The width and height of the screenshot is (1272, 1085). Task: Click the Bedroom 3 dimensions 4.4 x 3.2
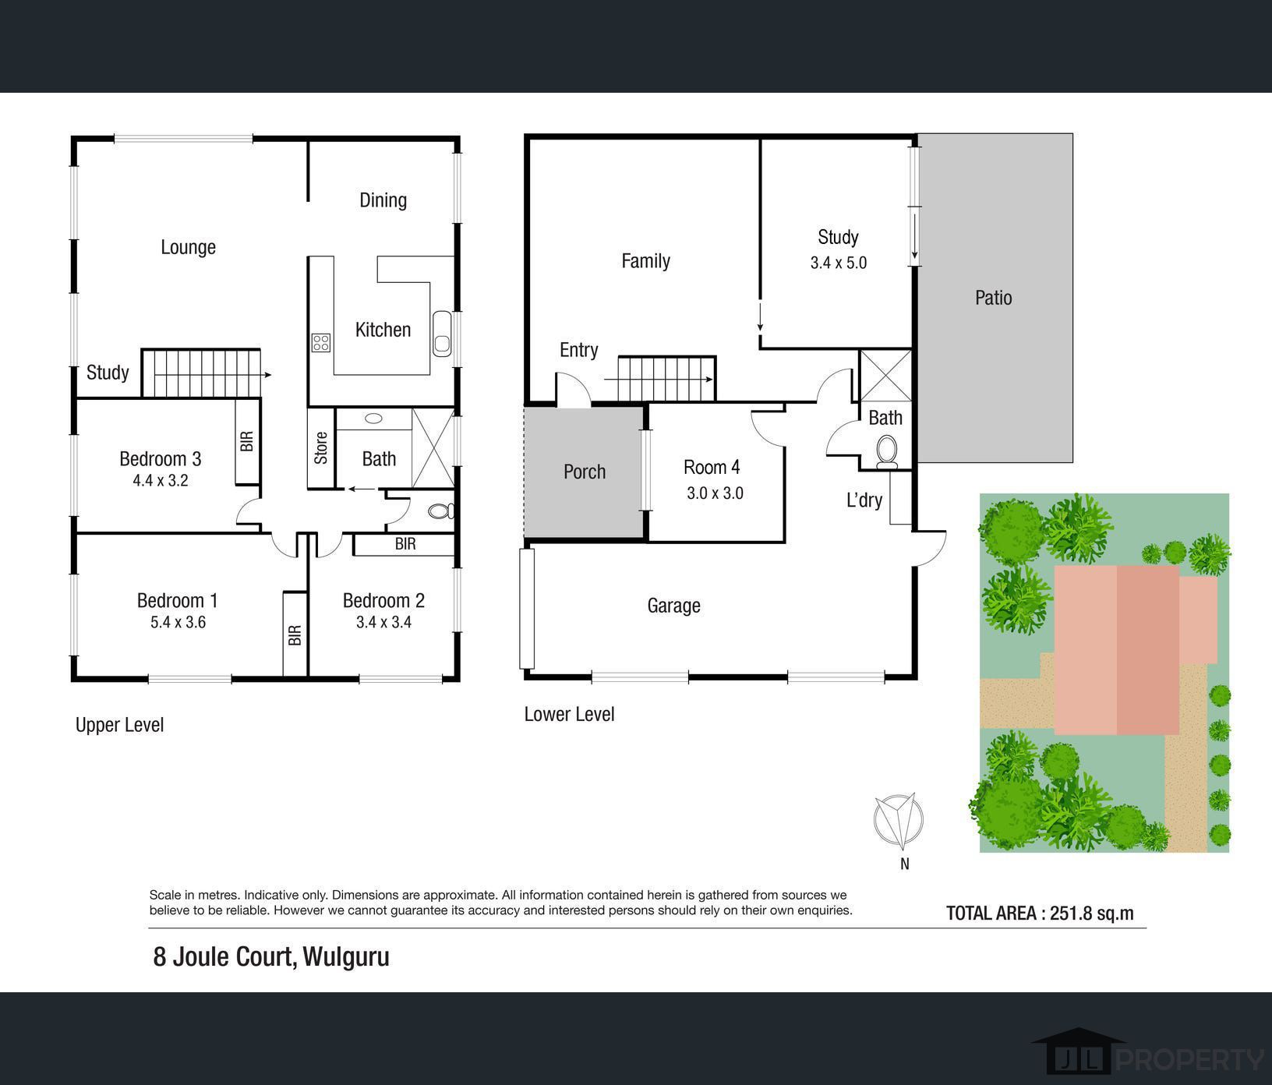tap(161, 481)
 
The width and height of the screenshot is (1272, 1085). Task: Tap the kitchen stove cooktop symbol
tap(321, 342)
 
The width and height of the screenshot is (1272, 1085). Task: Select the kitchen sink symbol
tap(442, 334)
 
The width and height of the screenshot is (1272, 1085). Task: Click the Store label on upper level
tap(321, 448)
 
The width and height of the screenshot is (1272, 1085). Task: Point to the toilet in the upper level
tap(441, 511)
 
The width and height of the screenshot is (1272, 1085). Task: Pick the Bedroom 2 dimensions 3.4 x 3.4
tap(383, 622)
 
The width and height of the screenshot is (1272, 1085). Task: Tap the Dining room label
tap(383, 200)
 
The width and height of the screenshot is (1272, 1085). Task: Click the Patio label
tap(993, 298)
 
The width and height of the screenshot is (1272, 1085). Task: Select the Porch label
tap(585, 472)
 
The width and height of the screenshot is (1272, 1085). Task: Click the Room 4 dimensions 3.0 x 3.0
tap(715, 493)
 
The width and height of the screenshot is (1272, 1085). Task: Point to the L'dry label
tap(864, 500)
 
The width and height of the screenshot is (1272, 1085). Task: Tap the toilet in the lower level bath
tap(887, 452)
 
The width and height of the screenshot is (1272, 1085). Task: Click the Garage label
tap(673, 606)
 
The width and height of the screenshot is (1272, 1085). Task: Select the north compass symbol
tap(898, 822)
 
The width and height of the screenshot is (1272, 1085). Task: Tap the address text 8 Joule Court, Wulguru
tap(271, 956)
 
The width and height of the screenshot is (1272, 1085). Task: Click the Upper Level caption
tap(119, 725)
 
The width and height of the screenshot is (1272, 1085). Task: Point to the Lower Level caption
tap(569, 714)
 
